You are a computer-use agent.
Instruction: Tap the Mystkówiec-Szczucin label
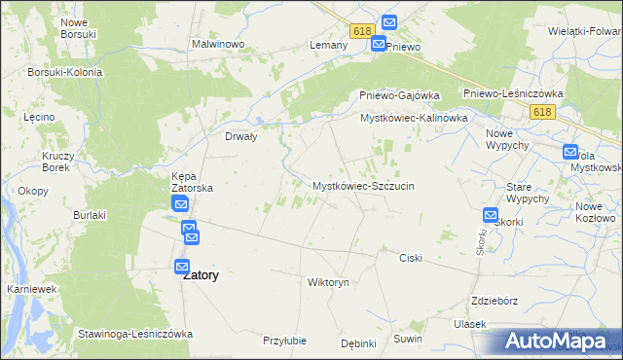click(363, 185)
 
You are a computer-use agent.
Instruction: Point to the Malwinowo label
click(217, 45)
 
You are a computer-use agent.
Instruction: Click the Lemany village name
click(328, 46)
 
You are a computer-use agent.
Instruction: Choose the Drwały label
click(240, 137)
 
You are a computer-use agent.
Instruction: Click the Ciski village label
click(411, 258)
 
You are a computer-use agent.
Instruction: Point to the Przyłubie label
click(285, 341)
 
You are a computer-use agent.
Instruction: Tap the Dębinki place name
click(358, 342)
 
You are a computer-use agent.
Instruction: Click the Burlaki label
click(89, 214)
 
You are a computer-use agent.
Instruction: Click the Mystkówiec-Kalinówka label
click(414, 118)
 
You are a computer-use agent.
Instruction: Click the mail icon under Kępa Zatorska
click(181, 203)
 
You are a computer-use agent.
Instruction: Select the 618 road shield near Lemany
click(363, 31)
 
